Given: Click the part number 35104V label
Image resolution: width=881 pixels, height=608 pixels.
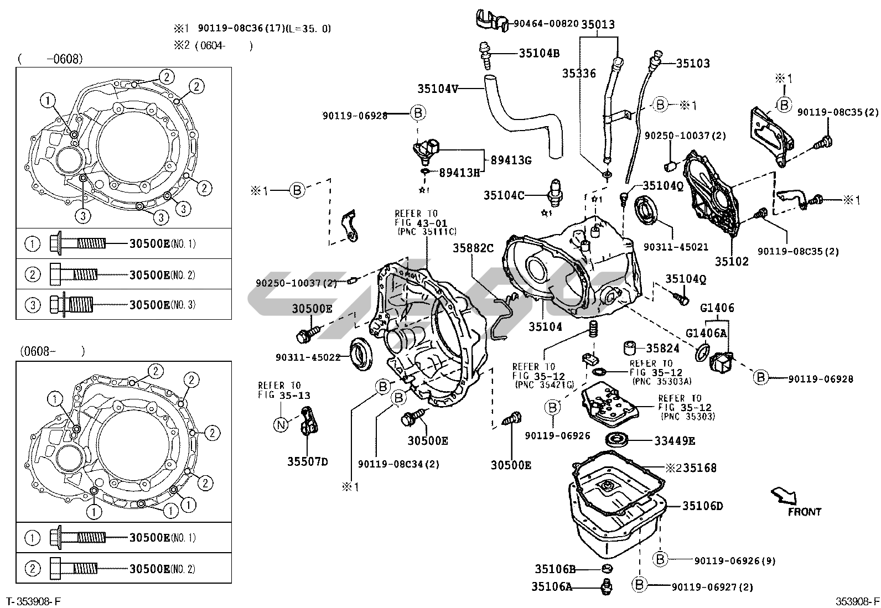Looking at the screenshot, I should [438, 89].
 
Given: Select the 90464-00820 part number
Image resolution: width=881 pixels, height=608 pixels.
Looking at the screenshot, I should [545, 24].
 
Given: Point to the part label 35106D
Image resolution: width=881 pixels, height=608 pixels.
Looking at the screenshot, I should [702, 506].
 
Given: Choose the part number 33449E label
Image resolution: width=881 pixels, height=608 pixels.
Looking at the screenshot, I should [675, 440].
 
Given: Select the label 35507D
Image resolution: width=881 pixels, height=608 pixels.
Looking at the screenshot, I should [307, 461].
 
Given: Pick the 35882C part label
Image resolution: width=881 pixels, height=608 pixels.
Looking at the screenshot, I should [473, 248].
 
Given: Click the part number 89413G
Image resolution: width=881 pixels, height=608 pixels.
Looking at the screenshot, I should [511, 160].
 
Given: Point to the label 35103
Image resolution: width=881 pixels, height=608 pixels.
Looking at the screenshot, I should [692, 64].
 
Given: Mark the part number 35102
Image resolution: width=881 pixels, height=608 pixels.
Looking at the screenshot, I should [731, 262].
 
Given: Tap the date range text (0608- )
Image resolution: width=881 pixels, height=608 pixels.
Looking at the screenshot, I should [53, 351].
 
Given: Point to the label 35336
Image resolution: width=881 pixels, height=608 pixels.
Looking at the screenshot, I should [579, 74].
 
